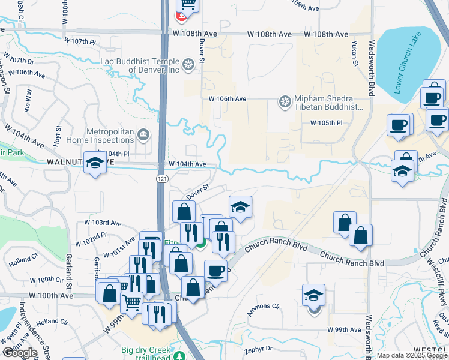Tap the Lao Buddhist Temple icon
pyautogui.click(x=188, y=63)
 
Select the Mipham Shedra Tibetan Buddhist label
pyautogui.click(x=328, y=103)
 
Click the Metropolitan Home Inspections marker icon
pyautogui.click(x=143, y=134)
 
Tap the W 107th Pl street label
pyautogui.click(x=83, y=41)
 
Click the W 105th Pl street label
pyautogui.click(x=326, y=123)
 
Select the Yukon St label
pyautogui.click(x=354, y=55)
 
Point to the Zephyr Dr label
pyautogui.click(x=258, y=348)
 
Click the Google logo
pyautogui.click(x=20, y=352)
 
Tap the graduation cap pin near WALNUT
pyautogui.click(x=95, y=163)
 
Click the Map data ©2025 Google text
pyautogui.click(x=412, y=355)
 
